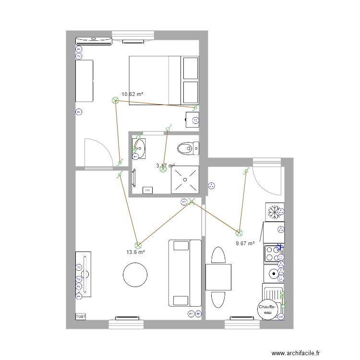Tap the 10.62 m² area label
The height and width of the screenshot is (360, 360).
[x=132, y=95]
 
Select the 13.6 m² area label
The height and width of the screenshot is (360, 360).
[x=135, y=252]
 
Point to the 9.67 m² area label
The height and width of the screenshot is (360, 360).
[x=245, y=243]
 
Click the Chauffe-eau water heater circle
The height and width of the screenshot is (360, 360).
[x=267, y=310]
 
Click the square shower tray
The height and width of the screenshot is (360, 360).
[x=185, y=179]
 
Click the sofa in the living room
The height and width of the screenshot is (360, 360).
[x=185, y=273]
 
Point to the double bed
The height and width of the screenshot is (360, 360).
[x=163, y=80]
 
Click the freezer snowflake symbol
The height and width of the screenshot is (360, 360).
[x=275, y=211]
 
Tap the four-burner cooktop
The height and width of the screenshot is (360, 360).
[x=274, y=253]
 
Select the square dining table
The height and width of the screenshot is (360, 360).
[x=218, y=277]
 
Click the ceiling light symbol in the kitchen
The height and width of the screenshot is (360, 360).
[x=239, y=233]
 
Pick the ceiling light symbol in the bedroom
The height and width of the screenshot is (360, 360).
[x=115, y=100]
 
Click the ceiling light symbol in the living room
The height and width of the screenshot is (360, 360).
[x=138, y=245]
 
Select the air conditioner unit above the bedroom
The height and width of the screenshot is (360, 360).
[x=94, y=40]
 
